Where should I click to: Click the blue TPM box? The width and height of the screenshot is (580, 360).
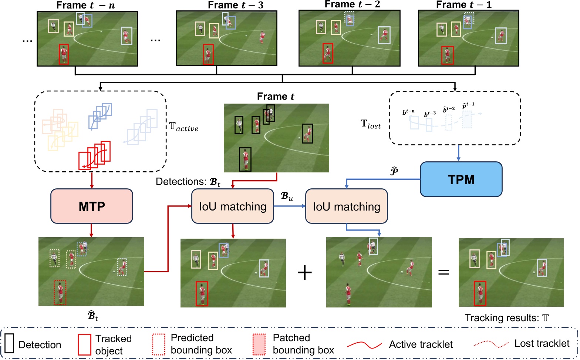pos(461,179)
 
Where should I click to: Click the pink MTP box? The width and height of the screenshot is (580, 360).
pos(91,206)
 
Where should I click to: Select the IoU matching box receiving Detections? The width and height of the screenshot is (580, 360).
pos(232,206)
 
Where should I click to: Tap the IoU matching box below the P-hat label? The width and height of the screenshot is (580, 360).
pos(346,206)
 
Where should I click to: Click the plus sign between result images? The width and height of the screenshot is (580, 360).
pos(305,273)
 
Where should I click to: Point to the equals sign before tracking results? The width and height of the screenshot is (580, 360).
pos(444,272)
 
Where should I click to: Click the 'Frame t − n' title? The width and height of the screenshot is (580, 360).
pos(85,5)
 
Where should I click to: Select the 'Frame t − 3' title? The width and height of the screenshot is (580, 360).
pos(236,5)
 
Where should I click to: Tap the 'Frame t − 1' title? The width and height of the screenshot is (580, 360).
pos(464,5)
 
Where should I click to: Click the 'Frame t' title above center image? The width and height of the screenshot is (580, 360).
pos(276,97)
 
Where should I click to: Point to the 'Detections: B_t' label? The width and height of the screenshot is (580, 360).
pos(188,182)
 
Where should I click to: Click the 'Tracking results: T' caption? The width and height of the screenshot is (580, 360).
pos(507,318)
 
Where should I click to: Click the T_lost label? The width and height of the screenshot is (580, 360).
pos(371,124)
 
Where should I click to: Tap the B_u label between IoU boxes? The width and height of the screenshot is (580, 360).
pos(287,196)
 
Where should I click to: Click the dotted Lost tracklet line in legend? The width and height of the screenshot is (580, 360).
pos(491,344)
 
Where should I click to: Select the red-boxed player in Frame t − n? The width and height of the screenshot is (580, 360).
pos(64,54)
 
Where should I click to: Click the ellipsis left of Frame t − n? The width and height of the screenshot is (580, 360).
pos(27,41)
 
